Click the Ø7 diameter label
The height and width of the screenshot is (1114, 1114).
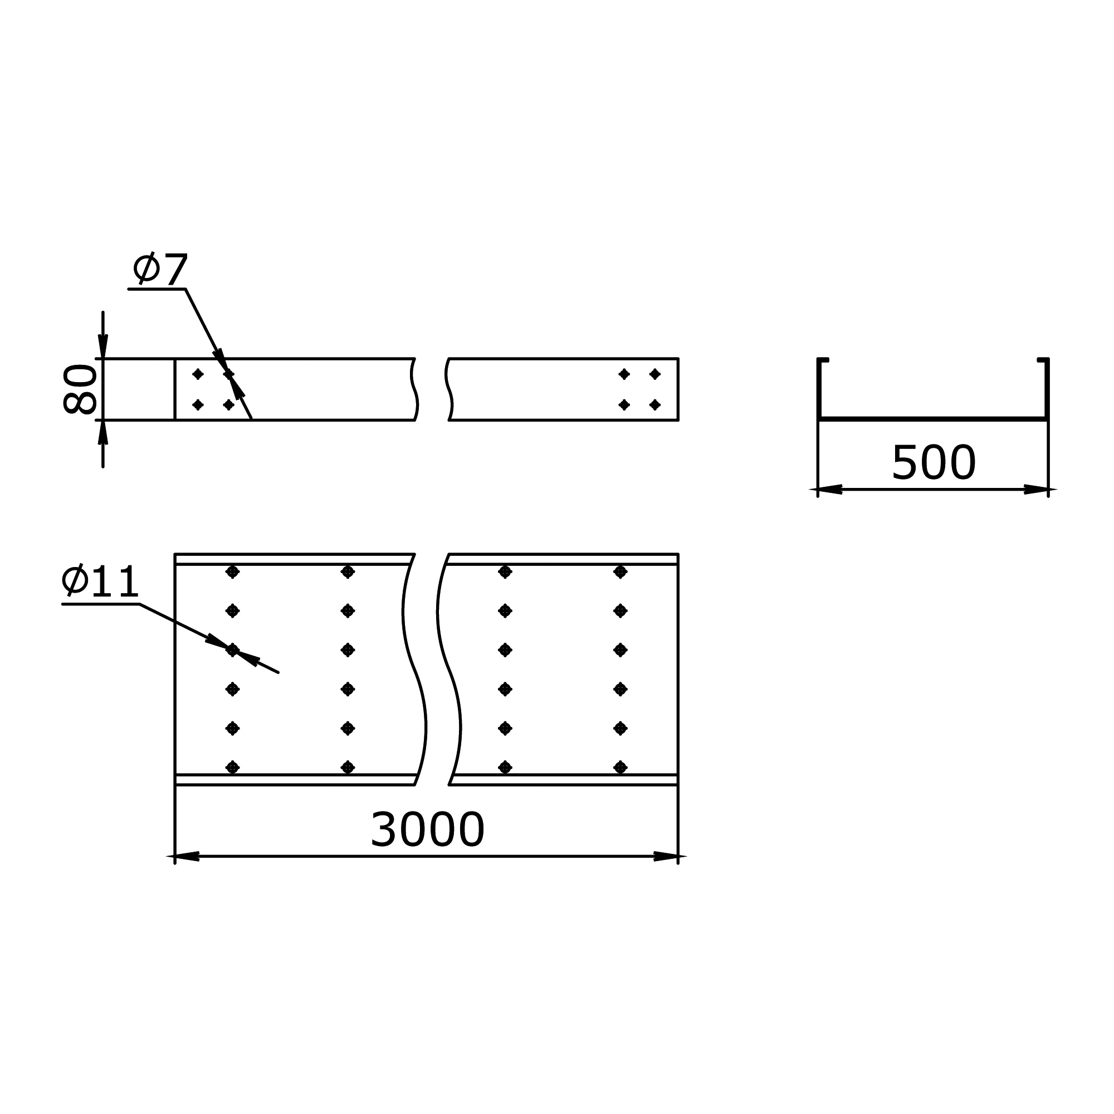pyautogui.click(x=160, y=268)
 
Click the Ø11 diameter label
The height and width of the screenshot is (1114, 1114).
pyautogui.click(x=100, y=580)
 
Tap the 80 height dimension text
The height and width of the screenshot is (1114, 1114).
pyautogui.click(x=80, y=389)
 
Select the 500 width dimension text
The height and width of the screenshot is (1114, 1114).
pyautogui.click(x=934, y=462)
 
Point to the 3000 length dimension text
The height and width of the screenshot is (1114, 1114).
pyautogui.click(x=427, y=830)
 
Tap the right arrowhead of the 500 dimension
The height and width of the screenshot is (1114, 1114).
pyautogui.click(x=1036, y=490)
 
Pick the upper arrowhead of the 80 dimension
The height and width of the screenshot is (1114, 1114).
pyautogui.click(x=103, y=346)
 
